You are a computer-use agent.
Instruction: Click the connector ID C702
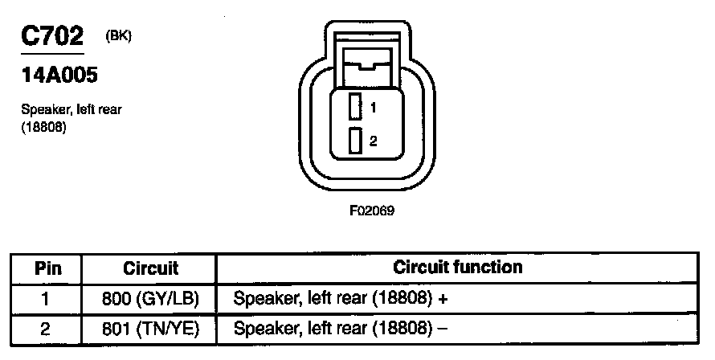(x=52, y=37)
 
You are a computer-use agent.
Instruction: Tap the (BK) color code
(x=117, y=35)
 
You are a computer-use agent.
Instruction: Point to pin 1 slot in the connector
(x=353, y=107)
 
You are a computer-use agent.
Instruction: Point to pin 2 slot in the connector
(x=353, y=141)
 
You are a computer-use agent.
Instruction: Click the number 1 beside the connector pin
(x=374, y=107)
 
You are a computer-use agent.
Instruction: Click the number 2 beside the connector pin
(x=374, y=141)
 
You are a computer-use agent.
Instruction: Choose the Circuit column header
(x=150, y=268)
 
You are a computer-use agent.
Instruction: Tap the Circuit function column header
(x=457, y=267)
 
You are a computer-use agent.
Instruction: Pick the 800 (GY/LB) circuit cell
(x=150, y=298)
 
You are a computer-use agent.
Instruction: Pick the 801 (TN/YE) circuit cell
(x=150, y=328)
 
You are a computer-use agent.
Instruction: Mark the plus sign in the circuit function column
(x=442, y=298)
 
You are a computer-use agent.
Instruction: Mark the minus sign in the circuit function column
(x=443, y=328)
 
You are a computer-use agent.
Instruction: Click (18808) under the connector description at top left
(x=43, y=127)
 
